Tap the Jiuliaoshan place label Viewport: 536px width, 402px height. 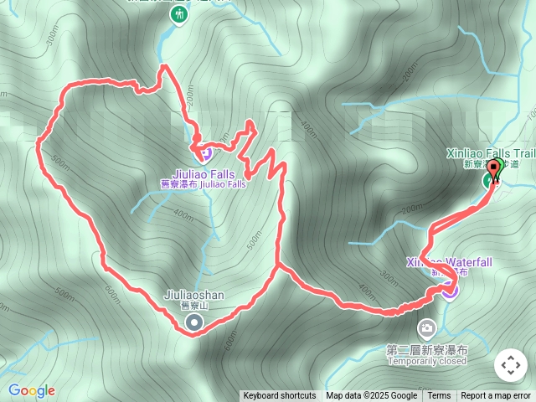194,295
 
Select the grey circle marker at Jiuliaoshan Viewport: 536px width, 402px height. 194,322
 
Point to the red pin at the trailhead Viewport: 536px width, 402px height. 493,170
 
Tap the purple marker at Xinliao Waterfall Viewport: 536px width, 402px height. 451,290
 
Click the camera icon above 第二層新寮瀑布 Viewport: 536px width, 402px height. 426,327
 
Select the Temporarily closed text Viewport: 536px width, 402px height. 427,361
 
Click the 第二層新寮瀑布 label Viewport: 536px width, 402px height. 427,349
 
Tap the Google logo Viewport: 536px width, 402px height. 32,390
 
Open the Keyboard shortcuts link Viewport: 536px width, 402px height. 280,396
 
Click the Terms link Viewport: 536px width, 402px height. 439,396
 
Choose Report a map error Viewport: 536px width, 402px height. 496,396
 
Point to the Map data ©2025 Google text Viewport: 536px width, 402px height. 372,396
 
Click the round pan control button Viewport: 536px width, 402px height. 510,365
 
